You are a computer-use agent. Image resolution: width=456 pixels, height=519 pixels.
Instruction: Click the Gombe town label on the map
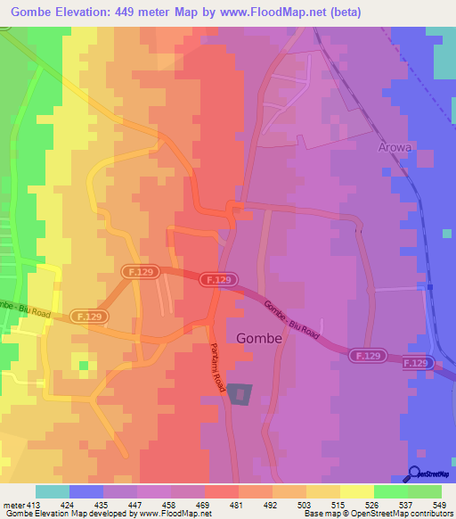259,339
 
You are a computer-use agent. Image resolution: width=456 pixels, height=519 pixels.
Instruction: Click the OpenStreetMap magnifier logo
415,474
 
